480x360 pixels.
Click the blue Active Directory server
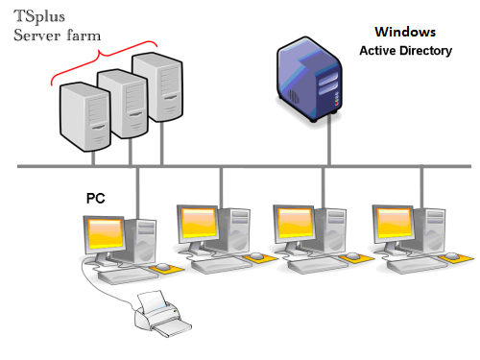click(307, 77)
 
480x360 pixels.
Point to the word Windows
click(404, 33)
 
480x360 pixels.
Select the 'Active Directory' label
click(405, 50)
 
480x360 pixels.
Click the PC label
click(96, 199)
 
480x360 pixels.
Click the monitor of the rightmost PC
click(397, 223)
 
